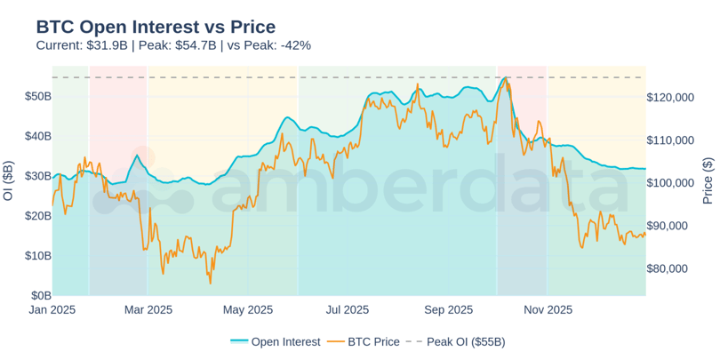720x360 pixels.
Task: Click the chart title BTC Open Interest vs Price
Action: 156,27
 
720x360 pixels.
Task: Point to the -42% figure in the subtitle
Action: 296,45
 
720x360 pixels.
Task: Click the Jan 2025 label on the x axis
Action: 52,310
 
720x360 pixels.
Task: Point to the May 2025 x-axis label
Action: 246,310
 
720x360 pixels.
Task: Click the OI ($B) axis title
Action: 9,180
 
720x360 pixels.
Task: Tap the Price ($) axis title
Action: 708,180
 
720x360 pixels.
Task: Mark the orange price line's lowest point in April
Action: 210,283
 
